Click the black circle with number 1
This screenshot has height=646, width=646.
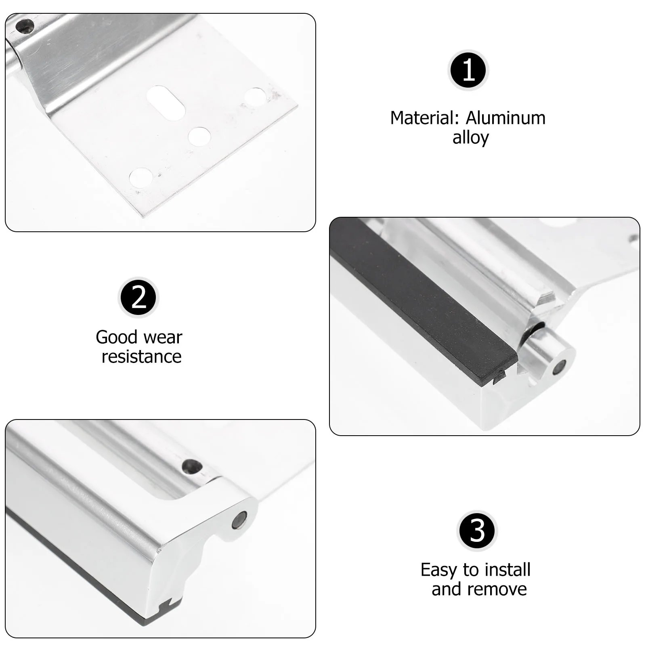click(x=468, y=70)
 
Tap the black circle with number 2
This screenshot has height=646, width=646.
click(x=138, y=298)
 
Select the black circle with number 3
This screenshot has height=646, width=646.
click(x=477, y=531)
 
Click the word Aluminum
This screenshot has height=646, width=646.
click(x=505, y=118)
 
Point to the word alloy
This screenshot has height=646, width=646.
click(x=470, y=138)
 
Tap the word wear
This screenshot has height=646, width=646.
click(x=163, y=338)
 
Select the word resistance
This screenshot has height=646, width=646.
click(x=141, y=357)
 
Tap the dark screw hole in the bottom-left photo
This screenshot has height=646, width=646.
click(x=192, y=467)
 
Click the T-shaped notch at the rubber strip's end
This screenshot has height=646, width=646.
click(x=500, y=378)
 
